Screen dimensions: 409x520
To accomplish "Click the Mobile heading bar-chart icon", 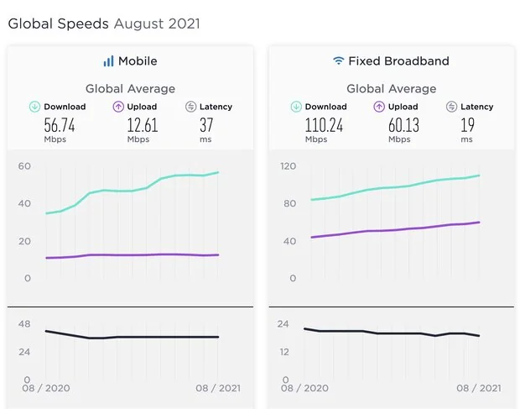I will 108,61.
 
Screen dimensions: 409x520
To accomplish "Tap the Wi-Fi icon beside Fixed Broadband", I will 338,61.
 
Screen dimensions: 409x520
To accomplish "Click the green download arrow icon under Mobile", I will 34,107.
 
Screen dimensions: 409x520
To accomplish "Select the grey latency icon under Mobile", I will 190,107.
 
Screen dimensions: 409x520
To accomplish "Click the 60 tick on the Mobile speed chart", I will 24,166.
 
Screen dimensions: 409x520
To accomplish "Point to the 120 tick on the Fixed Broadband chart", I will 289,166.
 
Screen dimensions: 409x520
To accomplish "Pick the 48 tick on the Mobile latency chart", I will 24,324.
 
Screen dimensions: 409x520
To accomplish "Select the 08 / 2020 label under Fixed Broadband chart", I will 304,388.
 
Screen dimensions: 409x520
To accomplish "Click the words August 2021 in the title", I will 157,24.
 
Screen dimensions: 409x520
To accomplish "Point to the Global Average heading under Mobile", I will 130,88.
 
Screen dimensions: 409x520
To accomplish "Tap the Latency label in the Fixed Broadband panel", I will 476,107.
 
